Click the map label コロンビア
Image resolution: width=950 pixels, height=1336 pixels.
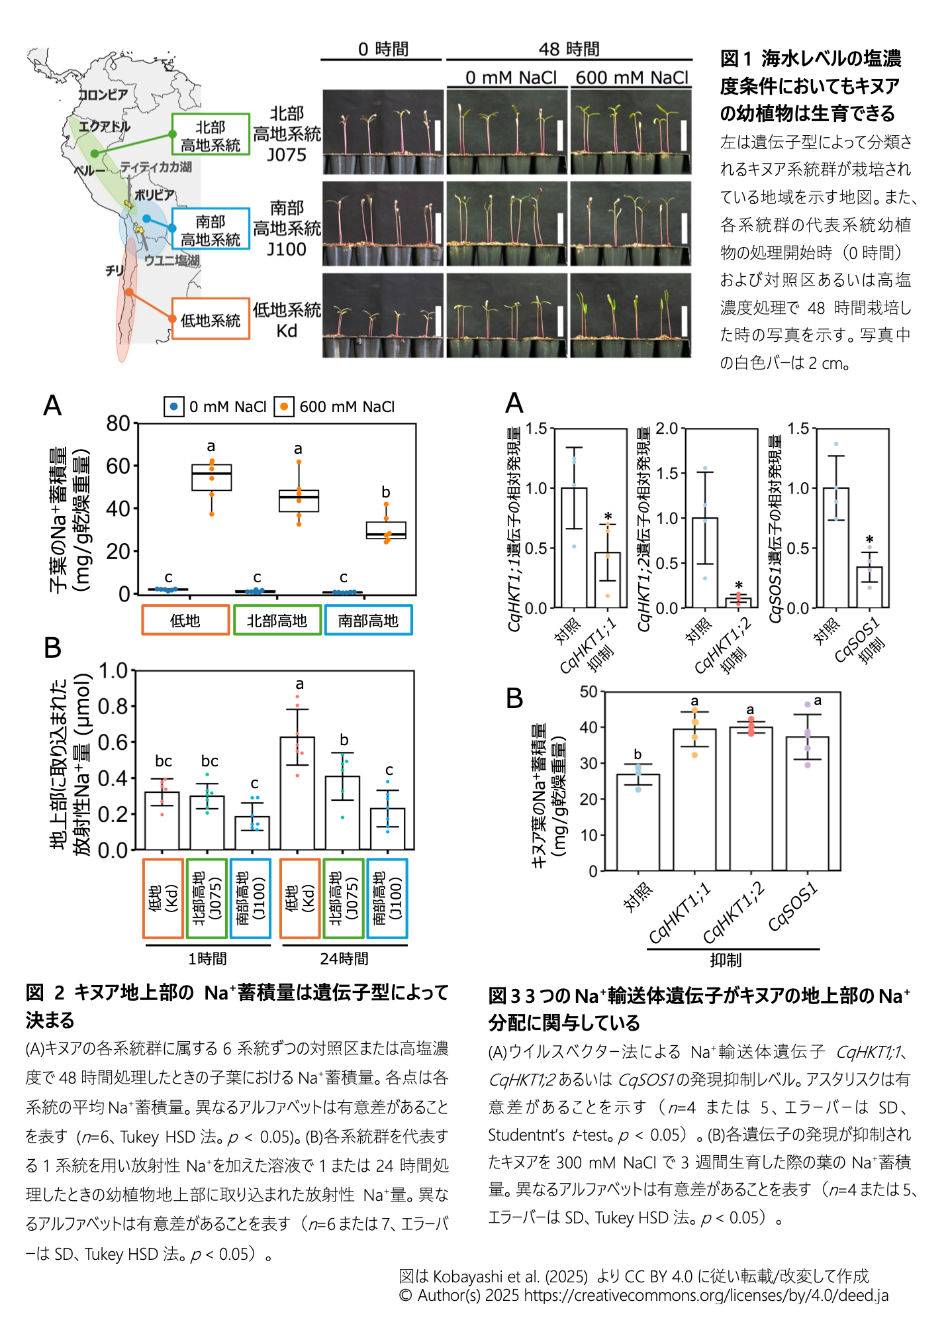click(x=103, y=94)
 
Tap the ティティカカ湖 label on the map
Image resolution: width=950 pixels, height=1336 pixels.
click(x=156, y=167)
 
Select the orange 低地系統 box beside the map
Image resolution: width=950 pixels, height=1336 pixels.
click(x=211, y=320)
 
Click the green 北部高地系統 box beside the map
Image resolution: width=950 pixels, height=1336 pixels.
click(x=211, y=135)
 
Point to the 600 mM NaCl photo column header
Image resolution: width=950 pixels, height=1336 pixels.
click(x=632, y=78)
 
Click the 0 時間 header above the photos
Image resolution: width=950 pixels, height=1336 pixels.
click(x=383, y=50)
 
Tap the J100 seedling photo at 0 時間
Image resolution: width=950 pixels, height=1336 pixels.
click(x=383, y=224)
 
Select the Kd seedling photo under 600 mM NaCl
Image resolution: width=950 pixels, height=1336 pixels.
click(x=631, y=315)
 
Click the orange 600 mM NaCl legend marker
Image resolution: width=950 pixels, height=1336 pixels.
click(x=284, y=406)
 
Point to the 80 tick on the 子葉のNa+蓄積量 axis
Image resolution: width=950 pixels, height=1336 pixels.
click(x=119, y=424)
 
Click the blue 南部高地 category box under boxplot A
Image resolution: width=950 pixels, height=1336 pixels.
click(x=368, y=621)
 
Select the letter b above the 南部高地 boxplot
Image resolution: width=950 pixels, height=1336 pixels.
click(x=386, y=493)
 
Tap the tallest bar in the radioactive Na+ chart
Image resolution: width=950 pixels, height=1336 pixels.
click(x=297, y=793)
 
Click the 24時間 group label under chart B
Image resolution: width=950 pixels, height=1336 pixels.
click(x=344, y=958)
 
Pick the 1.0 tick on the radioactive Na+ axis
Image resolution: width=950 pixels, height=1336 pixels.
click(x=113, y=671)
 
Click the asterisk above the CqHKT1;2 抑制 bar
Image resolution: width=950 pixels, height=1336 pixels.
click(x=739, y=586)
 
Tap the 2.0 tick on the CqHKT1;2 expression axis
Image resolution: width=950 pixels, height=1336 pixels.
click(x=667, y=429)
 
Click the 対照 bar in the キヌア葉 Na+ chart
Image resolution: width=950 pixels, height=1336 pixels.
click(x=638, y=822)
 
